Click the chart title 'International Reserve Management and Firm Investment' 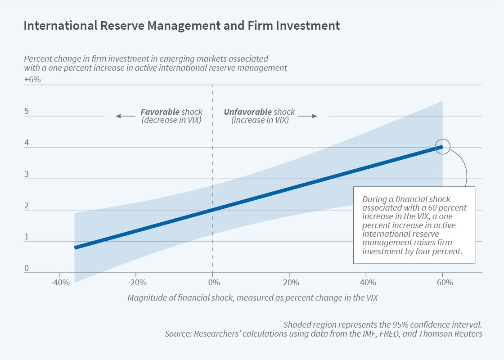(x=181, y=26)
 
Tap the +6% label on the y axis (x=32, y=80)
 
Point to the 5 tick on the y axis (x=27, y=111)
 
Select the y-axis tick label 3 (x=27, y=174)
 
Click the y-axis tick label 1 (x=27, y=237)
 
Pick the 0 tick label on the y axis (x=27, y=269)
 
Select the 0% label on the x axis (x=213, y=283)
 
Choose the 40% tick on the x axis (x=368, y=283)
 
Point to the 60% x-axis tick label (x=445, y=283)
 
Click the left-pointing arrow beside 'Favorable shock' (x=125, y=116)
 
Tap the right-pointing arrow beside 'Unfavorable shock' (x=307, y=116)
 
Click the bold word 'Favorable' (x=160, y=112)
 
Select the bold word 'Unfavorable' (x=248, y=112)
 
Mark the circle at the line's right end (x=443, y=147)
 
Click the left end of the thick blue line (x=76, y=247)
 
